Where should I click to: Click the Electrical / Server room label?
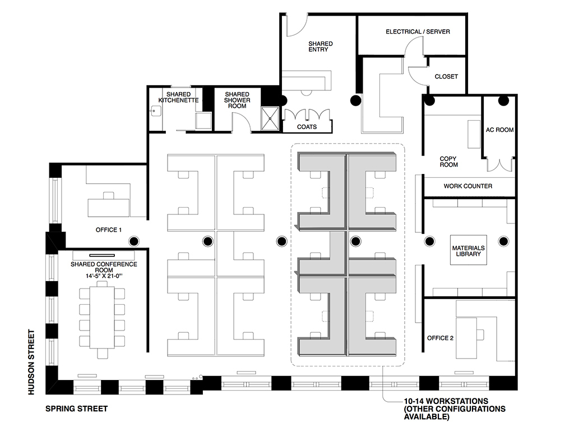click(x=418, y=32)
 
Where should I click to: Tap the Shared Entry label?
click(x=320, y=47)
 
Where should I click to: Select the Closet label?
click(x=446, y=76)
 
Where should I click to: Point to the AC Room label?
click(x=499, y=130)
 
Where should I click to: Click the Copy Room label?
click(x=448, y=162)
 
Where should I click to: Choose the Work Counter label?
click(x=468, y=186)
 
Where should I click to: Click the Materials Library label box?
click(x=468, y=250)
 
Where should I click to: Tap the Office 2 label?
click(x=440, y=338)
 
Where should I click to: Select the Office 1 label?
click(x=108, y=230)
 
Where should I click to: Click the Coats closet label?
click(x=307, y=127)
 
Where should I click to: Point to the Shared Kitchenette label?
click(x=179, y=97)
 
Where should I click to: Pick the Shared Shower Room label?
click(x=237, y=100)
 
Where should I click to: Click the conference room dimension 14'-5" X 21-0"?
click(x=104, y=276)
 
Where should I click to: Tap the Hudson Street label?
click(x=31, y=362)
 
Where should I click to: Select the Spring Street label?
click(x=76, y=409)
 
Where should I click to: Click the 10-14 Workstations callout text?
click(x=455, y=409)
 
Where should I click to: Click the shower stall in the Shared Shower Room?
click(x=270, y=118)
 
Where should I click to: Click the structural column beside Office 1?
click(x=134, y=241)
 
